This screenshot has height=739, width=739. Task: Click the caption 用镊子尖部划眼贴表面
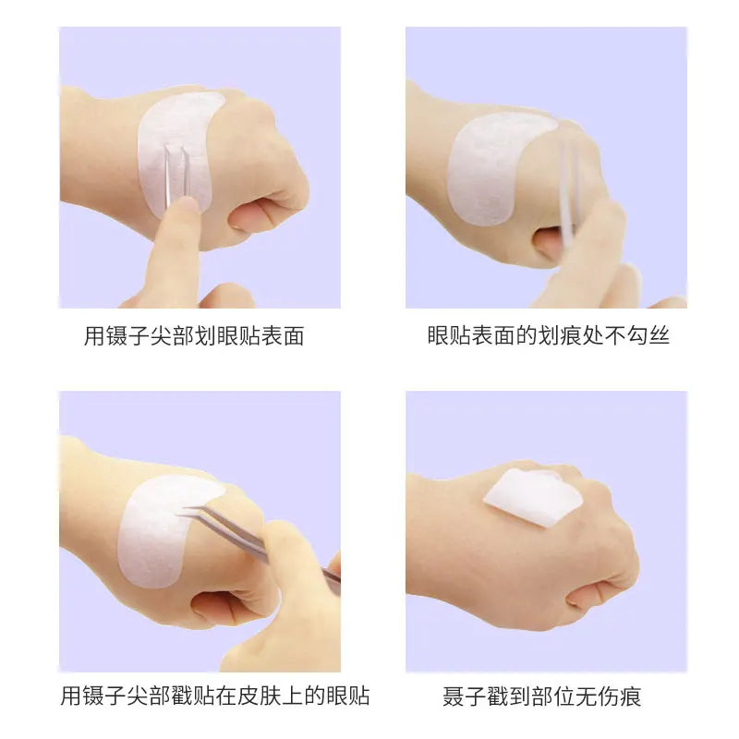(x=194, y=335)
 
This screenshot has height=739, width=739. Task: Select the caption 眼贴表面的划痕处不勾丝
(x=548, y=335)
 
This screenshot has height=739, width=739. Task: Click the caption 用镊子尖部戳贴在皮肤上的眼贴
(x=214, y=695)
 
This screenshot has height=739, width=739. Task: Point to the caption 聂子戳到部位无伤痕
(x=548, y=695)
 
